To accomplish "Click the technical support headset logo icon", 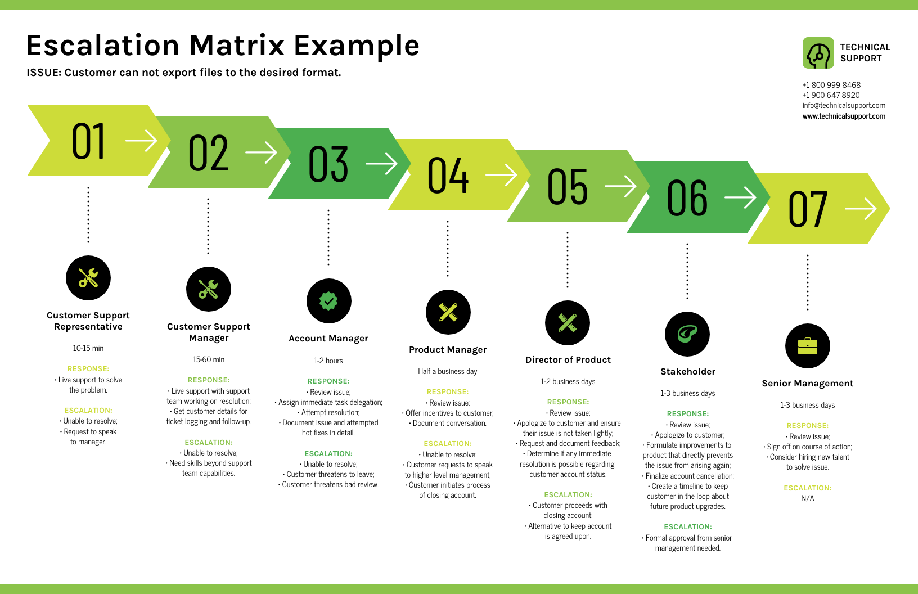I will click(x=818, y=53).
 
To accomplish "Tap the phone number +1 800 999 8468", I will click(x=831, y=85).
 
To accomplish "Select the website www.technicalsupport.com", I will click(x=844, y=116).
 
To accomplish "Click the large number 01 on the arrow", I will click(x=88, y=141).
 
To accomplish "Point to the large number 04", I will click(x=448, y=175).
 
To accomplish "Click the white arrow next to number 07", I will click(x=861, y=209).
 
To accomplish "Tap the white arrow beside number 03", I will click(x=381, y=164).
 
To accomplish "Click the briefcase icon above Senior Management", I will click(x=807, y=346).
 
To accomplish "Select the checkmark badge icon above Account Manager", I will click(x=328, y=301).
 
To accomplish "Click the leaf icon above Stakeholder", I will click(x=687, y=334).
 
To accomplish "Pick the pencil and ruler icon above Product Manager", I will click(x=448, y=312).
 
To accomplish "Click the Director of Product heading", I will click(x=568, y=360).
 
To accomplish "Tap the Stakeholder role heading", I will click(x=687, y=372).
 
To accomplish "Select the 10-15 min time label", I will click(x=88, y=348).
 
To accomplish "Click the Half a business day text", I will click(x=447, y=371).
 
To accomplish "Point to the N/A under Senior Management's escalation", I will click(x=807, y=498).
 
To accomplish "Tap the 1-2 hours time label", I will click(x=328, y=361).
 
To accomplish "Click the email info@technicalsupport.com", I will click(x=844, y=105).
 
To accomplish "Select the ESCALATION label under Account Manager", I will click(x=328, y=453).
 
